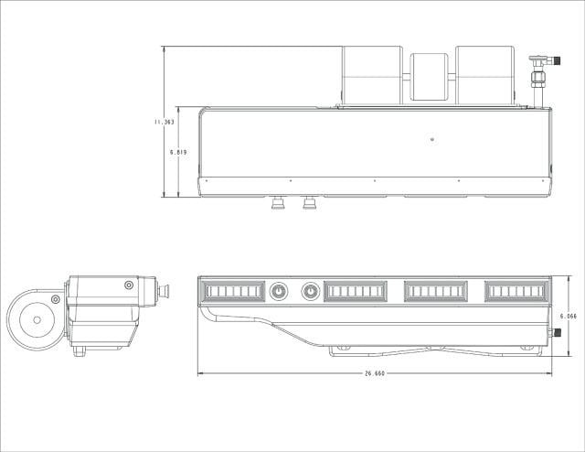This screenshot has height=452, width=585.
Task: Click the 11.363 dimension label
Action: (165, 122)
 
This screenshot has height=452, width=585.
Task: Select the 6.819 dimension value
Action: (178, 153)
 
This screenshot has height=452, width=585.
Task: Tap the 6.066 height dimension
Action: (569, 316)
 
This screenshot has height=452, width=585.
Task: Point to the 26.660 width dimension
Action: (375, 373)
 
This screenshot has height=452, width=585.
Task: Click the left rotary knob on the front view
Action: (279, 291)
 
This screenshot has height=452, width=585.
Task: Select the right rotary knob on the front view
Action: (311, 291)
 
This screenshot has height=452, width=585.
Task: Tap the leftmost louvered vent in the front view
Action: (233, 291)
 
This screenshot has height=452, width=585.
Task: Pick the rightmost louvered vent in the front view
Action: (516, 291)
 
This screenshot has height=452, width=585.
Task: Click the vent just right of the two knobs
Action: (356, 291)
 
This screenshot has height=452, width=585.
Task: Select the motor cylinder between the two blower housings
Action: (429, 77)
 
